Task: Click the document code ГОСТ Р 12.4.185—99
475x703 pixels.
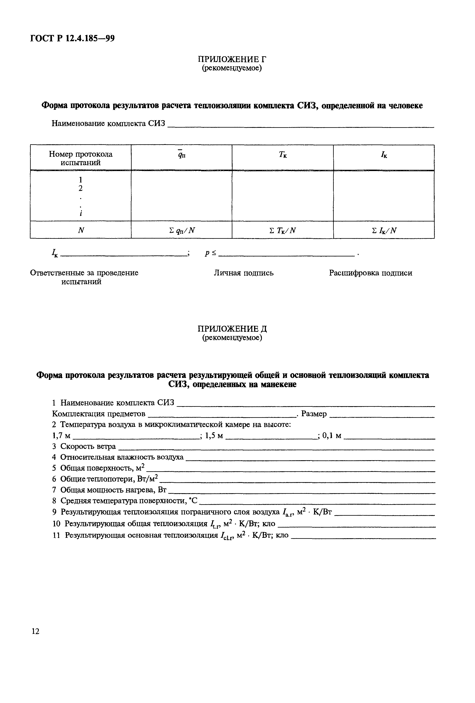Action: [x=72, y=38]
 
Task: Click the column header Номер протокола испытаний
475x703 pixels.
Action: [x=81, y=158]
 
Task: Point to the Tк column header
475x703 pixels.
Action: [x=283, y=155]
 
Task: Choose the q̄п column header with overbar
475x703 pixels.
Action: [x=181, y=155]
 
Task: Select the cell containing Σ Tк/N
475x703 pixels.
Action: [x=283, y=231]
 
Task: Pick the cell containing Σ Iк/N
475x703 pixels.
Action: [x=384, y=231]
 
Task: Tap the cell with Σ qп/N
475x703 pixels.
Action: [x=181, y=231]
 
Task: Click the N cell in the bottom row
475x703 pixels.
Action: [x=81, y=231]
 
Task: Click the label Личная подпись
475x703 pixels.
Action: [x=243, y=273]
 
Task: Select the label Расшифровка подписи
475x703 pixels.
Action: [x=370, y=273]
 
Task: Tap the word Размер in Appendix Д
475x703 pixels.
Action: [x=314, y=414]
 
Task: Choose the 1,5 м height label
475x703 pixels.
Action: [x=214, y=436]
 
